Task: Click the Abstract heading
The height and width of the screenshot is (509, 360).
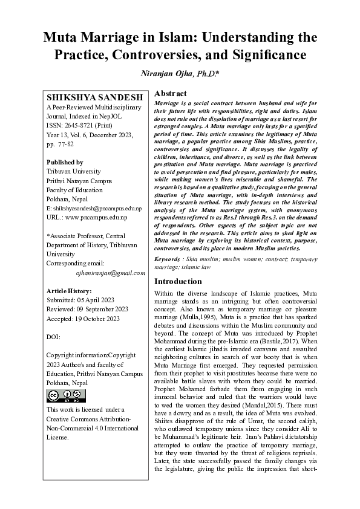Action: [x=171, y=94]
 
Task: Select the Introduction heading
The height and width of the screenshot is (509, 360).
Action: [x=178, y=281]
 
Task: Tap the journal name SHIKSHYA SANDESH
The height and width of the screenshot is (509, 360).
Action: [x=95, y=97]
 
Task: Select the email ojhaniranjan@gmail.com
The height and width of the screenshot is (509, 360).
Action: [x=111, y=273]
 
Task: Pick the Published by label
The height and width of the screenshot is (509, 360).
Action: [x=65, y=163]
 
